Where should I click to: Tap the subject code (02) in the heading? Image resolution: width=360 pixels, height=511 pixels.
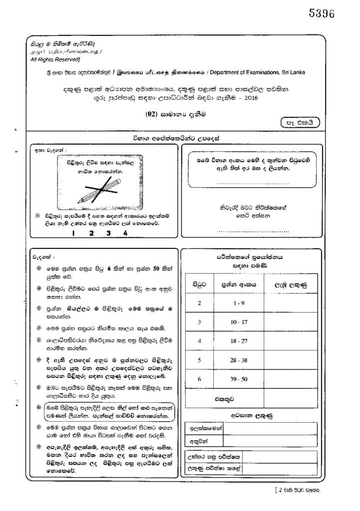point(152,114)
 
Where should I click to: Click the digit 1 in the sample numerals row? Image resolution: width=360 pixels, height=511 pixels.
point(73,233)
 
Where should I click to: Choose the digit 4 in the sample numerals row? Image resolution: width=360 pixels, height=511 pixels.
point(125,233)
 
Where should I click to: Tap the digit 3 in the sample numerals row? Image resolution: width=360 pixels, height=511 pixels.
point(108,233)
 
